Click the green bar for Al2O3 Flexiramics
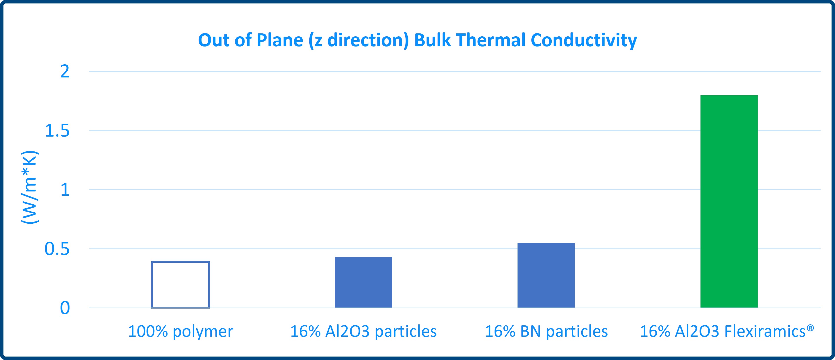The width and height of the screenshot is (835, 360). tap(729, 201)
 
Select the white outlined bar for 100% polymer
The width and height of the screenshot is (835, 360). tap(152, 285)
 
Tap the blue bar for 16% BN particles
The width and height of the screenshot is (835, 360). tap(546, 275)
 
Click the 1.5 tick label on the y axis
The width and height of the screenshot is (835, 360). tap(57, 131)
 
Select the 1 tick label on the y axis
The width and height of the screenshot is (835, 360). tap(65, 190)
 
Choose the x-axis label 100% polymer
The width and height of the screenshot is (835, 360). tap(181, 332)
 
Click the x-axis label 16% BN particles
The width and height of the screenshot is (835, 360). tap(546, 332)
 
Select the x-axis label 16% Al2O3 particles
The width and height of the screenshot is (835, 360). tap(363, 332)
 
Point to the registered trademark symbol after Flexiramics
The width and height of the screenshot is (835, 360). tap(810, 328)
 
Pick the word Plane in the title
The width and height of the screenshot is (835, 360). tap(280, 40)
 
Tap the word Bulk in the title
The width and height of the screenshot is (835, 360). tap(432, 40)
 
